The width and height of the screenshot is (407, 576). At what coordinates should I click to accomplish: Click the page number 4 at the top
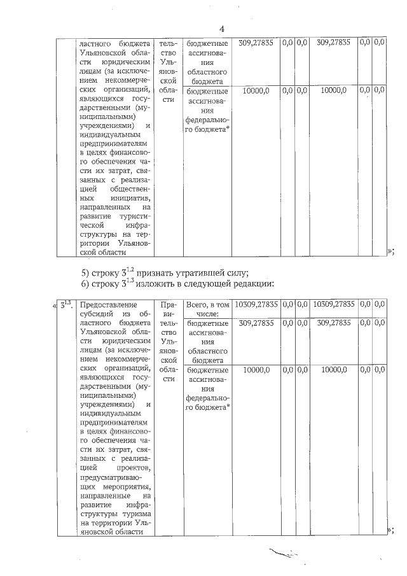point(222,29)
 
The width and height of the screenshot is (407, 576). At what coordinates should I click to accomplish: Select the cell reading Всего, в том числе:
point(206,309)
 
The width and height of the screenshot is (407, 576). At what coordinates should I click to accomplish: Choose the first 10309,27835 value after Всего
point(257,305)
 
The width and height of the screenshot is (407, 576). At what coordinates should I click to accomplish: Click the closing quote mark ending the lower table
point(390,530)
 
